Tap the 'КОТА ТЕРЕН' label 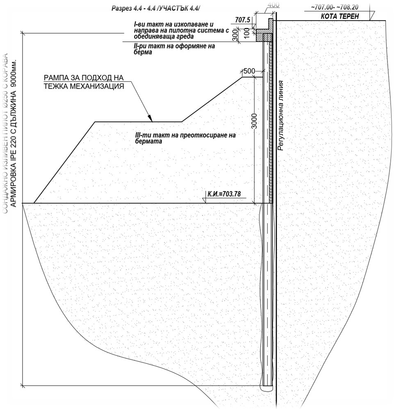coord(341,17)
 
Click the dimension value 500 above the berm coord(249,71)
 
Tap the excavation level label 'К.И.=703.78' coord(224,193)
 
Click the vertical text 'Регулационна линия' coord(281,115)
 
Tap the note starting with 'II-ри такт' coord(174,49)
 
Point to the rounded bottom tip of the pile coord(268,386)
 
